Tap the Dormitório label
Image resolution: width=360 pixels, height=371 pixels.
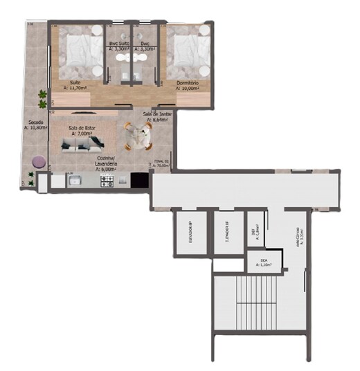[188, 82]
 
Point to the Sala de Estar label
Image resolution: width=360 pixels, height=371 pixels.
[81, 129]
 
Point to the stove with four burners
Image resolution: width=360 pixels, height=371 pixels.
[107, 181]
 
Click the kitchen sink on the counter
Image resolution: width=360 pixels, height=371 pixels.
[75, 182]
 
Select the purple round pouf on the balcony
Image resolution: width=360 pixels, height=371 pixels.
[39, 161]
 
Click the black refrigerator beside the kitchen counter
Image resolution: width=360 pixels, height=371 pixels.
[140, 181]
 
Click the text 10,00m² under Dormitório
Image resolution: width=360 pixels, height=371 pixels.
[188, 89]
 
